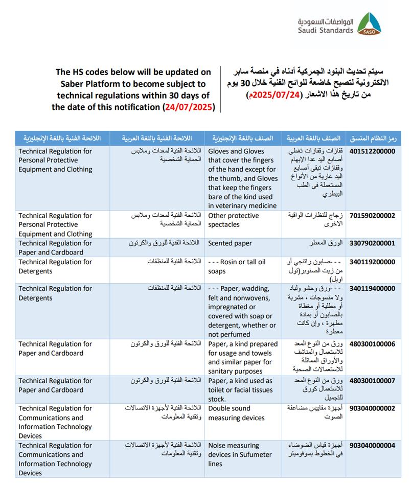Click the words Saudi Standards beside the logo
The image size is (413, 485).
tap(326, 30)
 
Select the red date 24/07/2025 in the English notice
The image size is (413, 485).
tap(189, 107)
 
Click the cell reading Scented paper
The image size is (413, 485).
tap(230, 243)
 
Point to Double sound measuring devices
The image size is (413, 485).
tap(236, 413)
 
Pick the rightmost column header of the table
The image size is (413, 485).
tap(373, 138)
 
